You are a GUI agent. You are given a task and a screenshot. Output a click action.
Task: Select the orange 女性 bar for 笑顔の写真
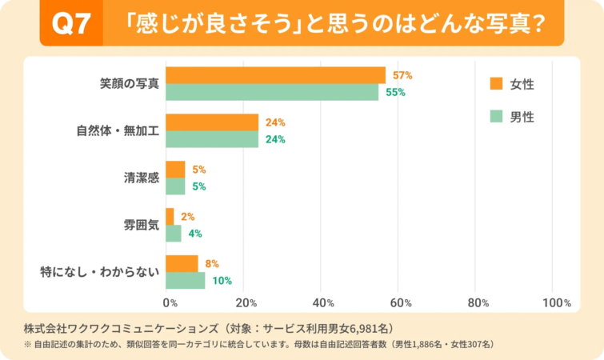coord(275,75)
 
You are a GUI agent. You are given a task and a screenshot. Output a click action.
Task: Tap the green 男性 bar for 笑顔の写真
coord(272,92)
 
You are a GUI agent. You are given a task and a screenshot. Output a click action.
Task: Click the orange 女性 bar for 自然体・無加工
coord(212,122)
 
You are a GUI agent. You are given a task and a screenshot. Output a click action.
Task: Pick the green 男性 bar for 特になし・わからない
coord(185,280)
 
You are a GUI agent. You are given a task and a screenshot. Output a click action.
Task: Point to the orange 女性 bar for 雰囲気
coord(170,216)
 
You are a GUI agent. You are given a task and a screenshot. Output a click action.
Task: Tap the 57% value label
coord(402,75)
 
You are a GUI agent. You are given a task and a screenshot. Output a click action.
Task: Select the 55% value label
coord(395,92)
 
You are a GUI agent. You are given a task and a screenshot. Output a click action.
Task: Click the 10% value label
coord(222,280)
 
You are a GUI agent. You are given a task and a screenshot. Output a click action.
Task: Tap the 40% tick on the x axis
coord(323,303)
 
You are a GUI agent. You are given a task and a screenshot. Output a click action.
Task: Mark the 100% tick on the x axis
coord(556,303)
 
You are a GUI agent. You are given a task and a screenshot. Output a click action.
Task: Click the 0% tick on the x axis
coord(170,303)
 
